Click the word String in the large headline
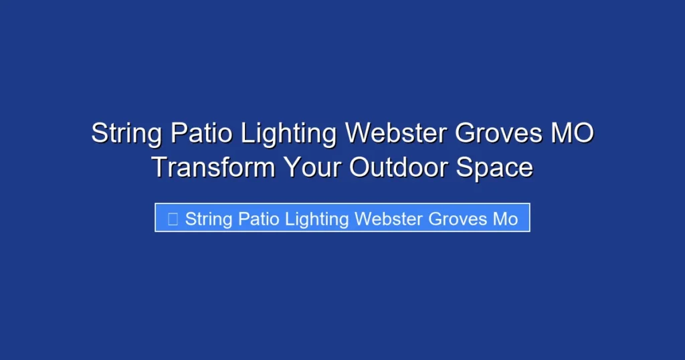[126, 134]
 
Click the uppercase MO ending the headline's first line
[572, 134]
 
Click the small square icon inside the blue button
[173, 218]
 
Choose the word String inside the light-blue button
[208, 219]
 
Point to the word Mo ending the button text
[506, 219]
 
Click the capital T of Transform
[159, 167]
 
